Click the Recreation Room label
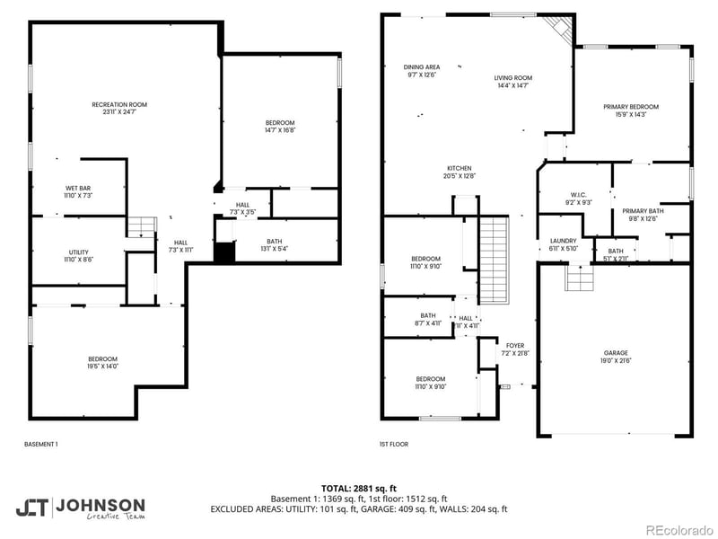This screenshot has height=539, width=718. click(x=119, y=109)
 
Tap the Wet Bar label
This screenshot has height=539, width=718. click(x=79, y=191)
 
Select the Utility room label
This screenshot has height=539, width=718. click(x=79, y=255)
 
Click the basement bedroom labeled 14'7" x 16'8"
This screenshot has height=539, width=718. click(x=279, y=127)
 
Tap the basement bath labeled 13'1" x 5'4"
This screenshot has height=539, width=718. click(x=275, y=244)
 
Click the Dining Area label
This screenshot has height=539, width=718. click(x=422, y=71)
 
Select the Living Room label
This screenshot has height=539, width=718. click(x=512, y=82)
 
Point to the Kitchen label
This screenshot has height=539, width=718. click(x=460, y=172)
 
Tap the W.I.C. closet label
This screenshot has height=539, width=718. click(x=578, y=199)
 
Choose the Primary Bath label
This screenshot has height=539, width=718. click(x=641, y=214)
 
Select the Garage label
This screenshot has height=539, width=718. click(x=615, y=357)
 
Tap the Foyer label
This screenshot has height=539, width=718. click(x=515, y=349)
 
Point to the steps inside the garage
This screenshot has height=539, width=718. click(x=579, y=279)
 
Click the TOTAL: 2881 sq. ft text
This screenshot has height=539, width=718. click(x=358, y=488)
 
